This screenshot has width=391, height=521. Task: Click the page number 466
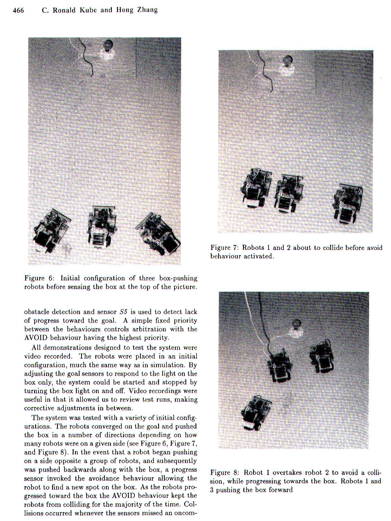tap(18, 10)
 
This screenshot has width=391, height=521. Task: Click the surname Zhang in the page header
tap(147, 10)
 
